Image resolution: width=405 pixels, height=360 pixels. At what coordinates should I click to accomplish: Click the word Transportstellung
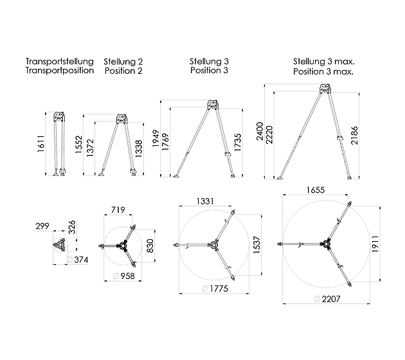pos(60,62)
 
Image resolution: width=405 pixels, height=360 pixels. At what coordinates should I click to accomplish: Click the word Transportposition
pos(60,71)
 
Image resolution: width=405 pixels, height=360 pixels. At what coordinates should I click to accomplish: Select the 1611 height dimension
pos(40,143)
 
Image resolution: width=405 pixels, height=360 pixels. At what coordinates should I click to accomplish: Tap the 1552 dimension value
pos(78,145)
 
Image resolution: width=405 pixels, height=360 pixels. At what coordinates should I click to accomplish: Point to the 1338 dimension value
pos(139,148)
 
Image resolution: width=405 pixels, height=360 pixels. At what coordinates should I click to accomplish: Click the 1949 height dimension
pos(156,139)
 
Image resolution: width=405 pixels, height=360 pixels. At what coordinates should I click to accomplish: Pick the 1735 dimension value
pos(238,142)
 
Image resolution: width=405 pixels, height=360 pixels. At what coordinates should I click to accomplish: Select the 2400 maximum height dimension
pos(260,131)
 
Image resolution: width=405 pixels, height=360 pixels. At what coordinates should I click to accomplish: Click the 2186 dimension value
pos(354,136)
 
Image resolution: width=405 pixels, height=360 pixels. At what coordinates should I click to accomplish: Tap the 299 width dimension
pos(42,226)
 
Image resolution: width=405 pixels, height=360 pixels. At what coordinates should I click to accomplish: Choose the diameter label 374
pos(78,260)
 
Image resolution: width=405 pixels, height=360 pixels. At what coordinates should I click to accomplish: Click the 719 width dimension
pos(118,210)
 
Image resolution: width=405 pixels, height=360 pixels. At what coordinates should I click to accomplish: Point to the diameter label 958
pos(124,276)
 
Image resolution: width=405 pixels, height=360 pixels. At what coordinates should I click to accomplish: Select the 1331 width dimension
pos(205,201)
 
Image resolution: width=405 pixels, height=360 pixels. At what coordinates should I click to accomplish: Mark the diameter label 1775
pos(215,289)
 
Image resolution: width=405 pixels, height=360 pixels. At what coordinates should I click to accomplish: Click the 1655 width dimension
pos(316,190)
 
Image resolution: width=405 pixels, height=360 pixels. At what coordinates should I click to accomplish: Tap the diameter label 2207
pos(327,299)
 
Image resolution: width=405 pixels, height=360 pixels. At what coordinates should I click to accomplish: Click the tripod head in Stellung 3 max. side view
pos(325,89)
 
